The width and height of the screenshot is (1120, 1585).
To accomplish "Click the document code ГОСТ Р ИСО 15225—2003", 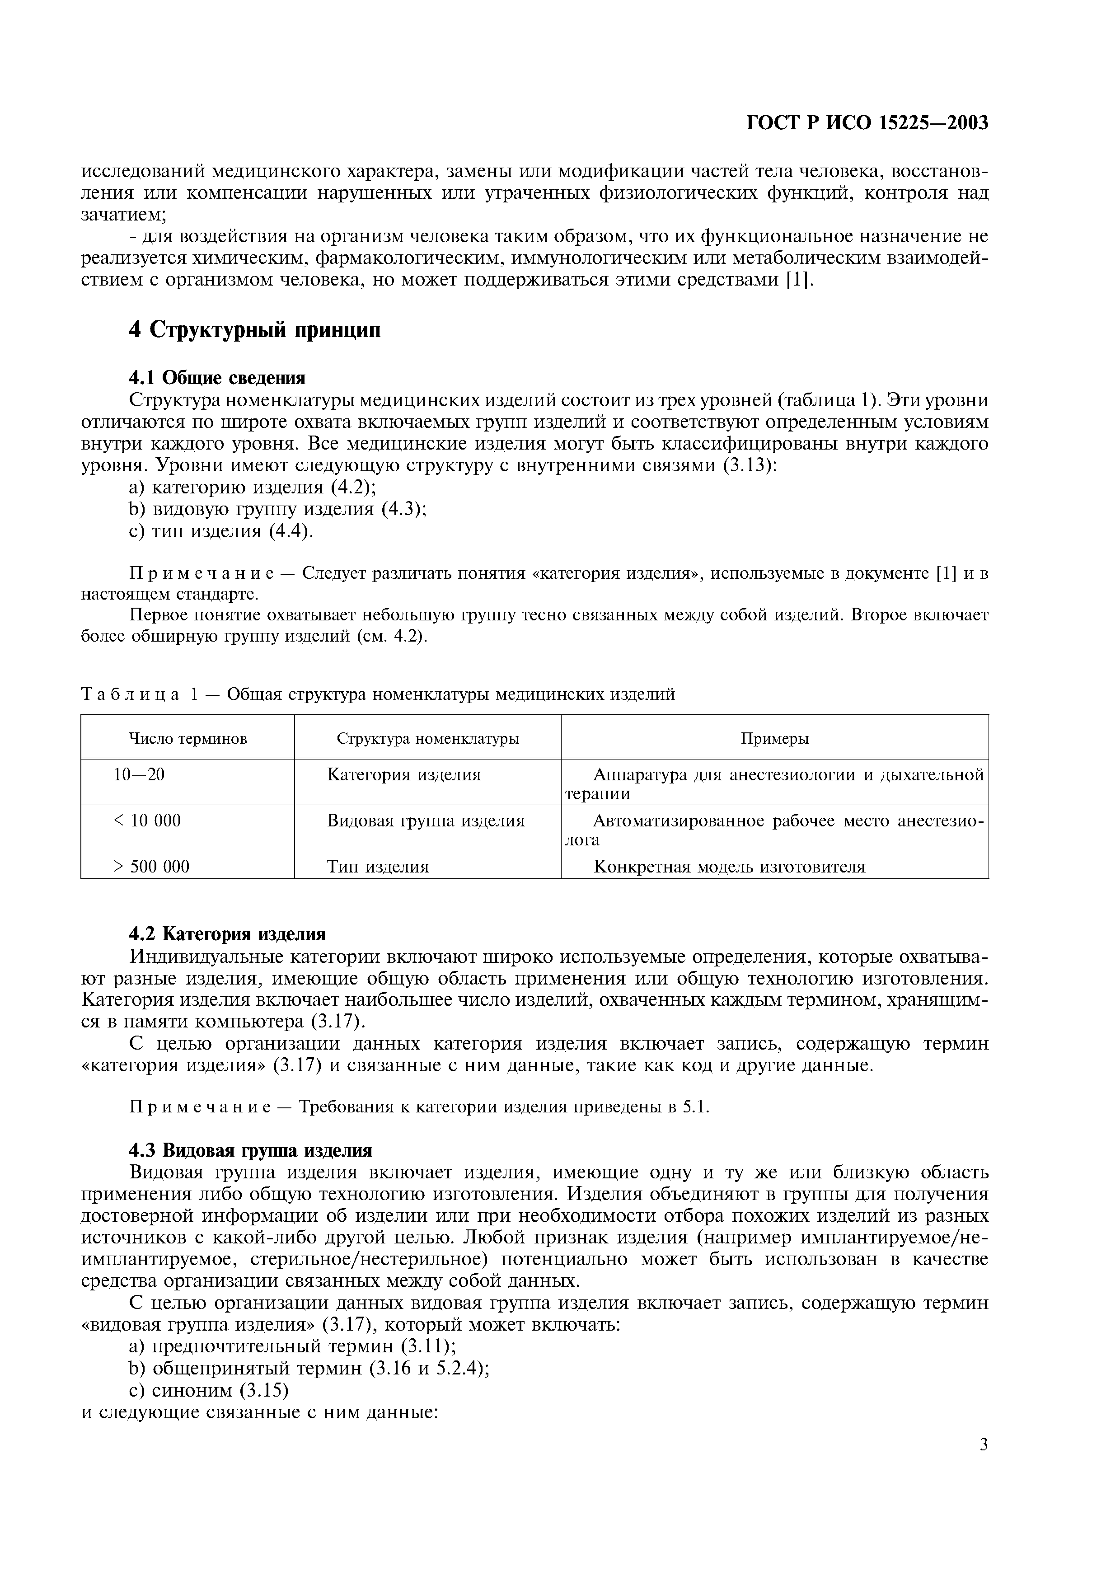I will (x=867, y=123).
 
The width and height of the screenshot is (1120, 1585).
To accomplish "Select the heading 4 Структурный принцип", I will (x=255, y=330).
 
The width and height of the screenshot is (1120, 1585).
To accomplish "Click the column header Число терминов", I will (x=187, y=739).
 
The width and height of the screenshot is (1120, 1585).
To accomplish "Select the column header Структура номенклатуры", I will (x=428, y=739).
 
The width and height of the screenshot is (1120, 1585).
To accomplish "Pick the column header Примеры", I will (x=774, y=739).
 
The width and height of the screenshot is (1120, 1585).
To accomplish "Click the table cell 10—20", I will (x=140, y=774).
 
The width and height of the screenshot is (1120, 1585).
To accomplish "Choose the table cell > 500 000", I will (x=151, y=866).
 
